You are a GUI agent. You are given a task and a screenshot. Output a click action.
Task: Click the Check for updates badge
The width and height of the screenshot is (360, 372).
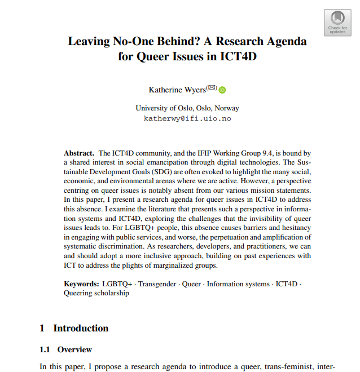[x=337, y=22]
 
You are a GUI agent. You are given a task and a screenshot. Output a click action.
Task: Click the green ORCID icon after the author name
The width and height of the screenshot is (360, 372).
[x=222, y=90]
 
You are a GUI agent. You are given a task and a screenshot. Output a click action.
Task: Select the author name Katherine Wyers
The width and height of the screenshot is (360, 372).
[x=177, y=90]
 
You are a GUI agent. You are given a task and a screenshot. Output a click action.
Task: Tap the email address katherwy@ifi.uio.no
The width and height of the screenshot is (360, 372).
[x=187, y=119]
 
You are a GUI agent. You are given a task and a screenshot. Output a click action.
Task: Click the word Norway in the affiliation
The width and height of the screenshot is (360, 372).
[x=227, y=108]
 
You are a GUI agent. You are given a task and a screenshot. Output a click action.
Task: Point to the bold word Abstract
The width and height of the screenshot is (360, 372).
[x=78, y=153]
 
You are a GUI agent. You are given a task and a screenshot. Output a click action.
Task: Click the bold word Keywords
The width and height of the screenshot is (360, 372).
[x=81, y=284]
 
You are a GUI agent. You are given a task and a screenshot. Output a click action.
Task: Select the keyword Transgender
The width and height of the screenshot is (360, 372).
[x=157, y=284]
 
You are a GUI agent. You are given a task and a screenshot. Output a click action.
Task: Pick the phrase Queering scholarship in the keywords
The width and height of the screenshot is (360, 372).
[x=96, y=293]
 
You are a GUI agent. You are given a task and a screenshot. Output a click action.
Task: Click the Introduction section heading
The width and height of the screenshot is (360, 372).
[x=81, y=328]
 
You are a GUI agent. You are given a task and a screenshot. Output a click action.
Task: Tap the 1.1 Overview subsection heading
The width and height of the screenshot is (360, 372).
[x=66, y=349]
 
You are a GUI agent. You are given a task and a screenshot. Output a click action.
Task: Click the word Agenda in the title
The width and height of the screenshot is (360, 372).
[x=285, y=42]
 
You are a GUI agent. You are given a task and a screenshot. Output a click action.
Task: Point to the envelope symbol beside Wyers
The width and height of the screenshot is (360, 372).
[x=212, y=87]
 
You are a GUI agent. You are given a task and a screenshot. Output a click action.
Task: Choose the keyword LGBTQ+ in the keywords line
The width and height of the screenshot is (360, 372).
[x=117, y=284]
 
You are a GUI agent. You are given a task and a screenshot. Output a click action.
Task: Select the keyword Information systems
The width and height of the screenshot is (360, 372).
[x=238, y=284]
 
